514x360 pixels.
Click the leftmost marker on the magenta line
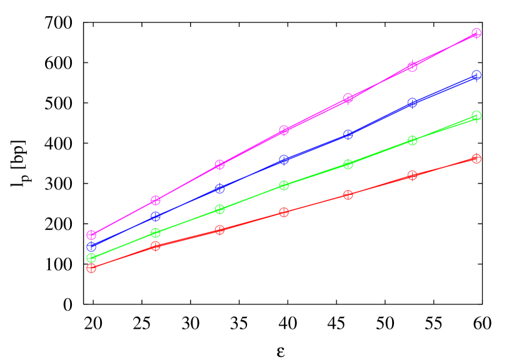point(91,235)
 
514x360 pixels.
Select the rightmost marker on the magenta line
point(476,33)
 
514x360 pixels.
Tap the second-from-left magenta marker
point(156,200)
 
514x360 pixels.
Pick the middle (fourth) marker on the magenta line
point(284,130)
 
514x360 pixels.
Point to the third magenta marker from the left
point(219,164)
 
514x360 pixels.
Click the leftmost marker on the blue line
point(91,246)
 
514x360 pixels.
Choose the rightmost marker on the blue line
point(476,75)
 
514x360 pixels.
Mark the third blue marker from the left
point(219,188)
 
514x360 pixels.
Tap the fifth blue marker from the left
point(348,134)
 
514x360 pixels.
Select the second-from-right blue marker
point(412,102)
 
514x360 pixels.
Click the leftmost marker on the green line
point(91,257)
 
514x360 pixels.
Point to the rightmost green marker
point(476,116)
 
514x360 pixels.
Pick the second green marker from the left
point(156,232)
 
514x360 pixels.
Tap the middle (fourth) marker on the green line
point(284,185)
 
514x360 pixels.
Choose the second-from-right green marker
point(412,141)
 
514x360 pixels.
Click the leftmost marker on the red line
point(91,268)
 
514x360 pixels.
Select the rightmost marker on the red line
point(476,159)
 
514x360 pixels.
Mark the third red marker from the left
point(219,229)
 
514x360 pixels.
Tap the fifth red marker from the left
point(348,194)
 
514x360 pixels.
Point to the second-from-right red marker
point(412,176)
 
